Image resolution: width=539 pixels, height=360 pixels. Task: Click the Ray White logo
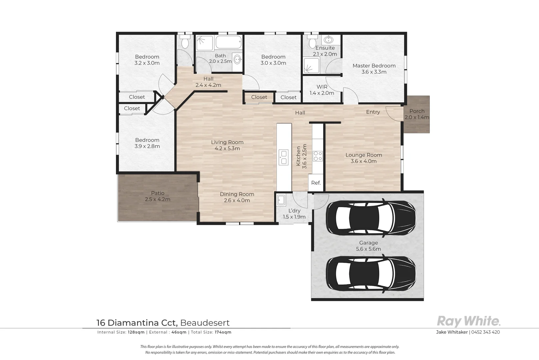click(468, 321)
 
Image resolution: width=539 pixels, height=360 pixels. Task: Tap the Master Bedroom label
click(374, 66)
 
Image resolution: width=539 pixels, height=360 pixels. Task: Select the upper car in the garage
click(371, 218)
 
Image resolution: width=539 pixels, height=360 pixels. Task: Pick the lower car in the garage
click(371, 274)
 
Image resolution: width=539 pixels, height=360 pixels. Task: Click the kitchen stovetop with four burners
click(317, 156)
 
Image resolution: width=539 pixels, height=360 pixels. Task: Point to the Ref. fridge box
click(316, 183)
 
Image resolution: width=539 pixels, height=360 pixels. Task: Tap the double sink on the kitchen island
click(283, 157)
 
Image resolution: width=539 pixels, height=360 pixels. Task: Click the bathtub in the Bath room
click(228, 42)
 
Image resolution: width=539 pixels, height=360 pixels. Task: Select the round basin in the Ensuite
click(328, 39)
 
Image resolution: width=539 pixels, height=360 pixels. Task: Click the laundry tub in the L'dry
click(281, 200)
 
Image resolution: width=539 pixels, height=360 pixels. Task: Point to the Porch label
click(417, 111)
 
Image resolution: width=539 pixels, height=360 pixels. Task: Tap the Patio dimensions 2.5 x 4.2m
click(158, 199)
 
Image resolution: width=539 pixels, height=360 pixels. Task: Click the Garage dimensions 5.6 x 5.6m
click(368, 249)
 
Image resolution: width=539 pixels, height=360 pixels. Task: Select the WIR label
click(322, 87)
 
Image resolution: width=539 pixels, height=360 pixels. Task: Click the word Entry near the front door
click(373, 112)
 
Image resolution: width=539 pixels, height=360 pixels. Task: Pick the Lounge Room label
click(363, 155)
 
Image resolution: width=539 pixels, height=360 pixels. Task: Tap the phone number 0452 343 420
click(485, 332)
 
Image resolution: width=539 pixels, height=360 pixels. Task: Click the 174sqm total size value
click(223, 332)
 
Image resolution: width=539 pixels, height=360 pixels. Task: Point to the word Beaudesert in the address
click(205, 323)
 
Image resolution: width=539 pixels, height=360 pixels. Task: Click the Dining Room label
click(237, 194)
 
